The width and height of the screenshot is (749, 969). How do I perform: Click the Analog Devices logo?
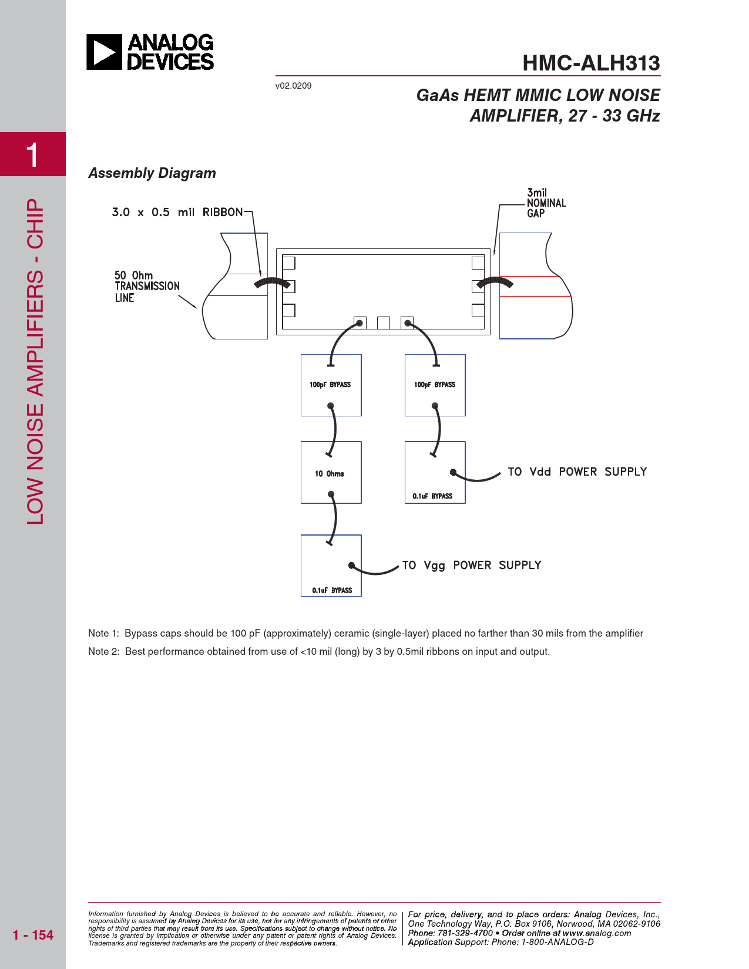click(150, 52)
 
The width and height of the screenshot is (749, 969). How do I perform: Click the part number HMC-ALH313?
click(591, 63)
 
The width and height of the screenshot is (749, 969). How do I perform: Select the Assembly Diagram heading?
click(152, 173)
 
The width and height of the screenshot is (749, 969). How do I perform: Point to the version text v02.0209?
click(293, 86)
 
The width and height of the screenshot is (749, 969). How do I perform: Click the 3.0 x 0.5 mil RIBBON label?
click(177, 212)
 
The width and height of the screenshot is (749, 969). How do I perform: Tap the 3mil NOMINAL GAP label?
click(546, 203)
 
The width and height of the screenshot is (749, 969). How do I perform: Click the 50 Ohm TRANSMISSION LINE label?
click(147, 287)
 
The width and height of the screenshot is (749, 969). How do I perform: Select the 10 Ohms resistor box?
click(331, 473)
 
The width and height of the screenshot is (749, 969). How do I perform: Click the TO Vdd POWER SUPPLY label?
click(577, 472)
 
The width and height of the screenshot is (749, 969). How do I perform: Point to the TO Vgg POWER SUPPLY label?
click(471, 565)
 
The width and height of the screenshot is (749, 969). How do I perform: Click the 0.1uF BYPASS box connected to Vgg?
click(331, 566)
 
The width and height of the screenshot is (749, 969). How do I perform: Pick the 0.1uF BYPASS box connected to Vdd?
click(435, 473)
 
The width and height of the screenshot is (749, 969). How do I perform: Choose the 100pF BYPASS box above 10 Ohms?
click(331, 385)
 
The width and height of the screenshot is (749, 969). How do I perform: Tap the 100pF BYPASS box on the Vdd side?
click(435, 385)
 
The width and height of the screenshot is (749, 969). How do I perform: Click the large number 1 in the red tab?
click(32, 155)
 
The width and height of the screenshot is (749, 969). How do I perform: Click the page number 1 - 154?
click(33, 935)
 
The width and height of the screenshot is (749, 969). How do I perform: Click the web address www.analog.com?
click(596, 933)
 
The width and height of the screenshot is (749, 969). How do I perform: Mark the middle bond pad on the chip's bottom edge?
click(383, 322)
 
